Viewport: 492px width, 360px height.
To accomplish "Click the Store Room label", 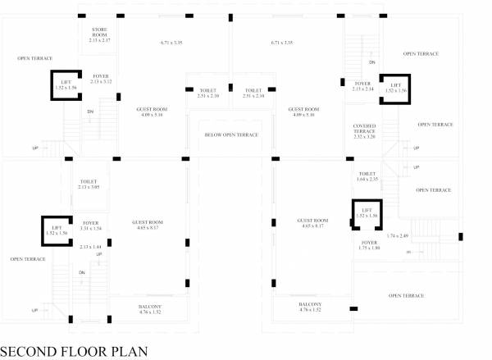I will coord(101,34).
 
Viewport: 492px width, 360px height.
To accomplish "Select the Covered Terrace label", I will coord(364,132).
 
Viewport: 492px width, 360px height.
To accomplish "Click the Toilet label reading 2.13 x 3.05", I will coord(89,185).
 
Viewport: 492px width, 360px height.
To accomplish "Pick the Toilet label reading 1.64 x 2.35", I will coord(368,177).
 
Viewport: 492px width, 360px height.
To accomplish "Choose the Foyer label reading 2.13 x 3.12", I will coord(102,79).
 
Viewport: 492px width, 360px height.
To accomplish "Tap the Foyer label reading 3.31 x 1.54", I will coord(90,225).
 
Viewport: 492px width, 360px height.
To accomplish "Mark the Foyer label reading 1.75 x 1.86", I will coord(369,246).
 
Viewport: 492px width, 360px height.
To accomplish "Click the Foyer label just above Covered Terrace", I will coord(363,86).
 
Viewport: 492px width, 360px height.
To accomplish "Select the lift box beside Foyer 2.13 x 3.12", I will coord(66,84).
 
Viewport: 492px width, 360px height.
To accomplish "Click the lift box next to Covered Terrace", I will coord(395,87).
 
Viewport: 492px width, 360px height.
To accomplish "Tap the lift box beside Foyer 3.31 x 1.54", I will coord(57,230).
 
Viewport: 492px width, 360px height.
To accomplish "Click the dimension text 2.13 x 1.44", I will coord(90,246).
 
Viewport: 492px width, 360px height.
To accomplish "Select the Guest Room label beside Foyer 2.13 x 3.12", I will coord(152,112).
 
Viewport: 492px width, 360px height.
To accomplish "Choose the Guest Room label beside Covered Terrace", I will coord(303,112).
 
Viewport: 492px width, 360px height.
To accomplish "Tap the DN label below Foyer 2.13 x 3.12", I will coord(90,112).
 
